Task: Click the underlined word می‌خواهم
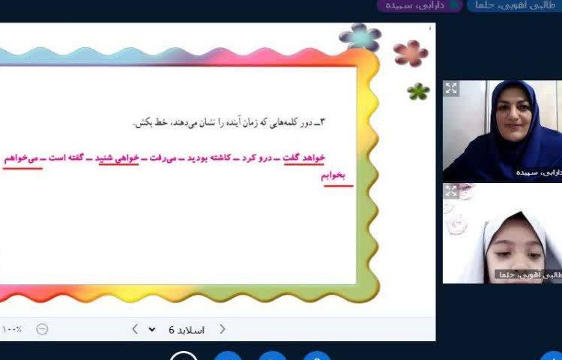pyautogui.click(x=22, y=157)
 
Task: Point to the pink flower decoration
pyautogui.click(x=410, y=52)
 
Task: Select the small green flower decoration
pyautogui.click(x=418, y=91)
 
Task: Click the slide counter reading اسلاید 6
pyautogui.click(x=187, y=329)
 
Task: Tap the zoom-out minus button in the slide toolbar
pyautogui.click(x=42, y=329)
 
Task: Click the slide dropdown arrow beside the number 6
pyautogui.click(x=153, y=329)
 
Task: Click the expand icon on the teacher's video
pyautogui.click(x=451, y=88)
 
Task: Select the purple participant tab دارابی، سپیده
pyautogui.click(x=420, y=5)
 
